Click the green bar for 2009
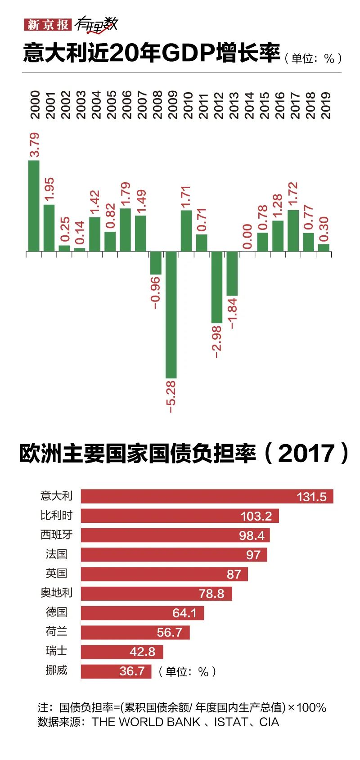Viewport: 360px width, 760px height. click(171, 315)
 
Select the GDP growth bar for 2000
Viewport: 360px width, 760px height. click(34, 206)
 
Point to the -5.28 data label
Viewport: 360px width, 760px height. click(171, 396)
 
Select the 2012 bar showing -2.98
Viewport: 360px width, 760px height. click(217, 287)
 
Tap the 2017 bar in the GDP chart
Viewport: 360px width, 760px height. click(293, 230)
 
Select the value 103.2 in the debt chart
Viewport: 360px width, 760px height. click(256, 516)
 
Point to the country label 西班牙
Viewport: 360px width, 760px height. click(56, 535)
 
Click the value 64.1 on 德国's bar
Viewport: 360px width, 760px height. click(184, 613)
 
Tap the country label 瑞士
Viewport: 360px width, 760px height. click(56, 651)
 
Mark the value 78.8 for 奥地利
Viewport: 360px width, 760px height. click(211, 594)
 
